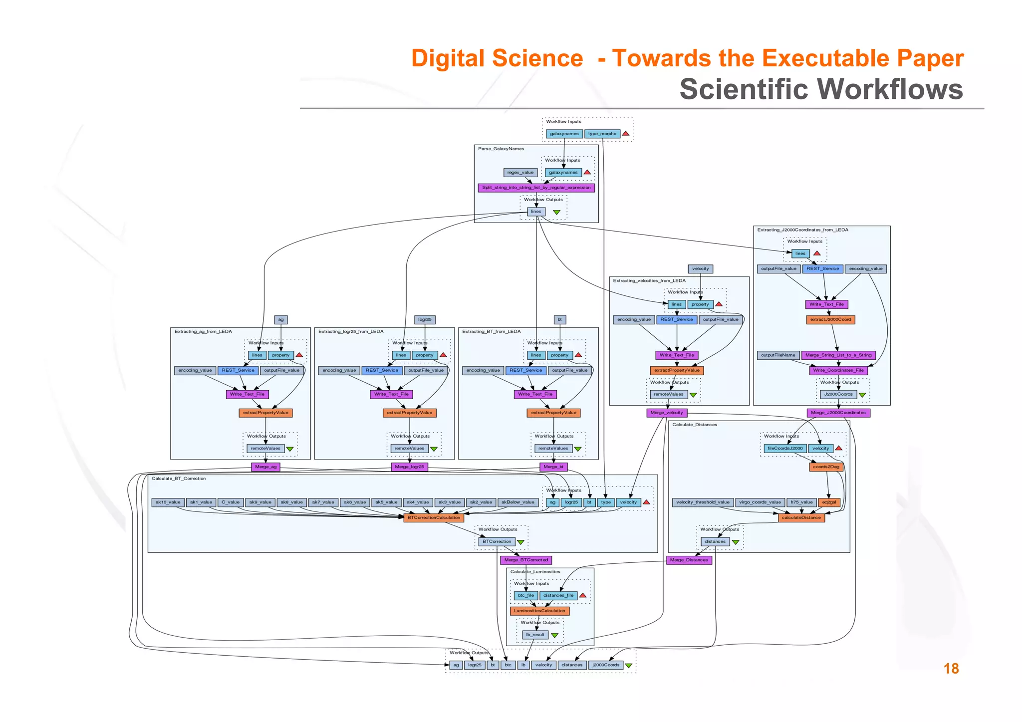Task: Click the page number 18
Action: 951,669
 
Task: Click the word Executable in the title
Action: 825,58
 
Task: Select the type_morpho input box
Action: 602,134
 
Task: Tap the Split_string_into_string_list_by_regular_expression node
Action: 536,188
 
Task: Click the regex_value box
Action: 520,173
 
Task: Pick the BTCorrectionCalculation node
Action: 434,517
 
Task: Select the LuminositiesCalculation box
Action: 539,611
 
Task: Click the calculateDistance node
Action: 801,517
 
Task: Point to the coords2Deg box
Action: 826,467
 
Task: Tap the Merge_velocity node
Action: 667,413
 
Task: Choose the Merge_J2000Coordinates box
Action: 838,413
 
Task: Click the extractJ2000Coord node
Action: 830,319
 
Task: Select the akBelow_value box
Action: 517,502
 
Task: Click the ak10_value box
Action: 168,502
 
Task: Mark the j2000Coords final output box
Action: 605,665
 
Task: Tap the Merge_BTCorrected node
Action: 526,560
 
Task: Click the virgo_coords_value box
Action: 760,502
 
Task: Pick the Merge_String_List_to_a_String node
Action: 838,355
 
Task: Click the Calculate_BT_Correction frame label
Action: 179,479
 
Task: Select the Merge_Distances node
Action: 689,560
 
